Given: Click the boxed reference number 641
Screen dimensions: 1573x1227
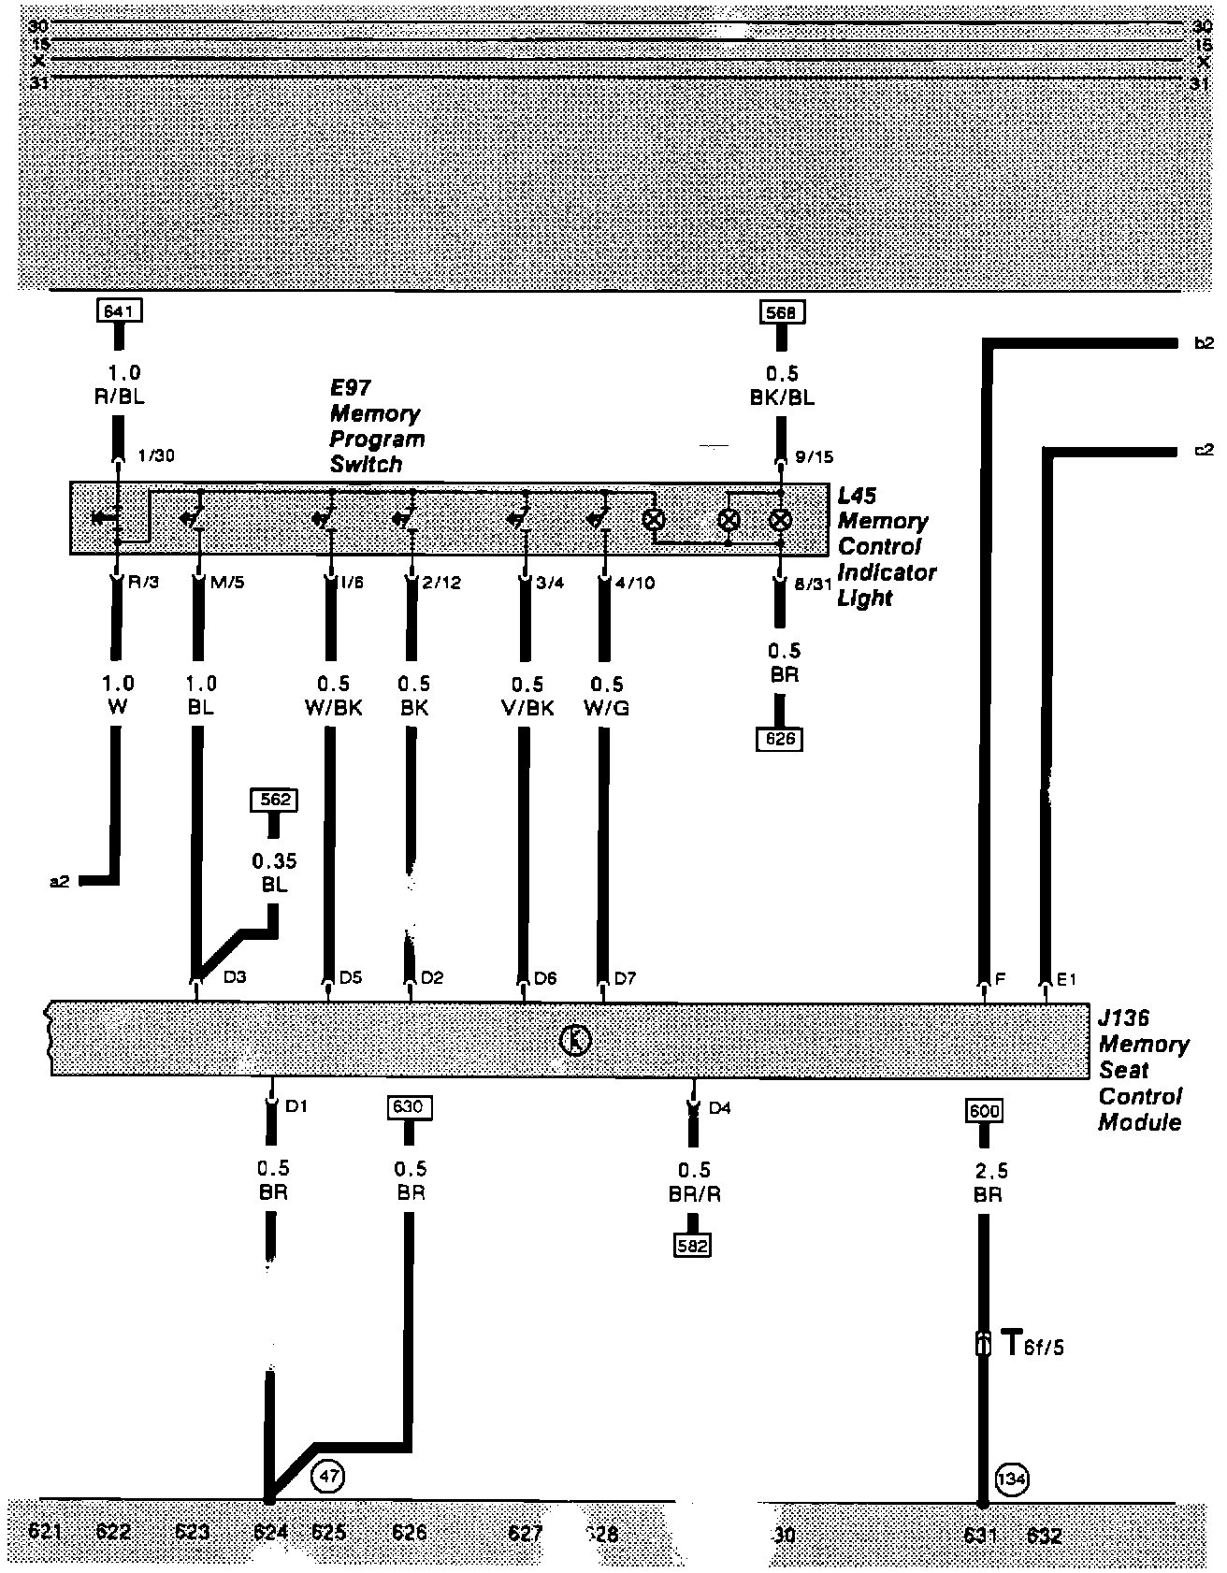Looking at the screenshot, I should coord(118,310).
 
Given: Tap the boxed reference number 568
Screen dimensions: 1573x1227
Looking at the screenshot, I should coord(780,312).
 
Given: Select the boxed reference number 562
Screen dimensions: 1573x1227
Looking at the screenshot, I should coord(274,800).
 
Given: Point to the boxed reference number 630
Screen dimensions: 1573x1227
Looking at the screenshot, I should coord(409,1107).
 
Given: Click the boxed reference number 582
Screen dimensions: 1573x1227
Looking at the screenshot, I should coord(694,1246).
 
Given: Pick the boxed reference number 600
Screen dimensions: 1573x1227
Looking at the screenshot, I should coord(985,1111).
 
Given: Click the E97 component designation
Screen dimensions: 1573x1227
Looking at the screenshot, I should coord(350,388).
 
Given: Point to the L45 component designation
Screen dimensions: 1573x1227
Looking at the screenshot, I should coord(856,496).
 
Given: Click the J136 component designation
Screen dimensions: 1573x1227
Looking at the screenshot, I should coord(1123,1017).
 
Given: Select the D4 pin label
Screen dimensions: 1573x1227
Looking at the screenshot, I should coord(719,1109).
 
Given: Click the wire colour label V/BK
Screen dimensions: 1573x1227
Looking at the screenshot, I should coord(527,708).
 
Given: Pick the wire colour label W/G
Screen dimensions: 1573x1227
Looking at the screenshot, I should coord(606,708).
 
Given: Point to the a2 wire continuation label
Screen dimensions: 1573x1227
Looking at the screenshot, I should coord(59,881).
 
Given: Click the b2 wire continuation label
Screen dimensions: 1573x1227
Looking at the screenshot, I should coord(1205,343).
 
